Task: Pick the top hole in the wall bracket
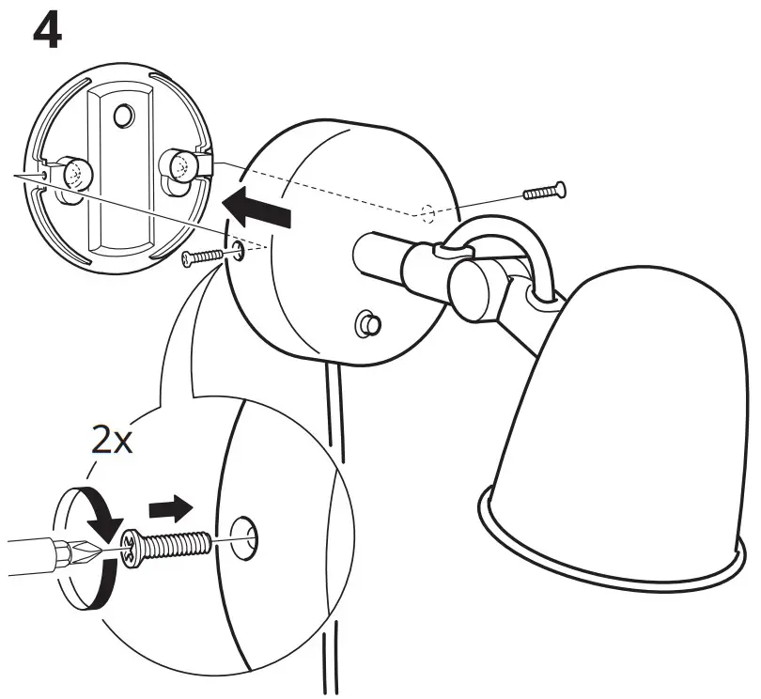point(122,116)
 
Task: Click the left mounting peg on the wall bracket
point(72,173)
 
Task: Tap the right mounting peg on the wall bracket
point(181,166)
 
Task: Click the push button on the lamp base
point(366,325)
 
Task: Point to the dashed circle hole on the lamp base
point(428,214)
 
